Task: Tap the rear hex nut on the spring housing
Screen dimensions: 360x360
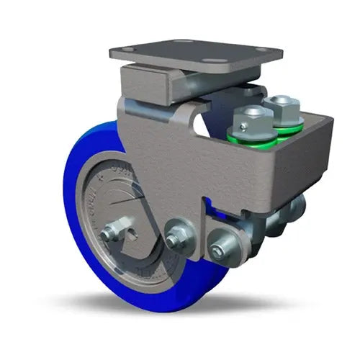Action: pyautogui.click(x=282, y=105)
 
